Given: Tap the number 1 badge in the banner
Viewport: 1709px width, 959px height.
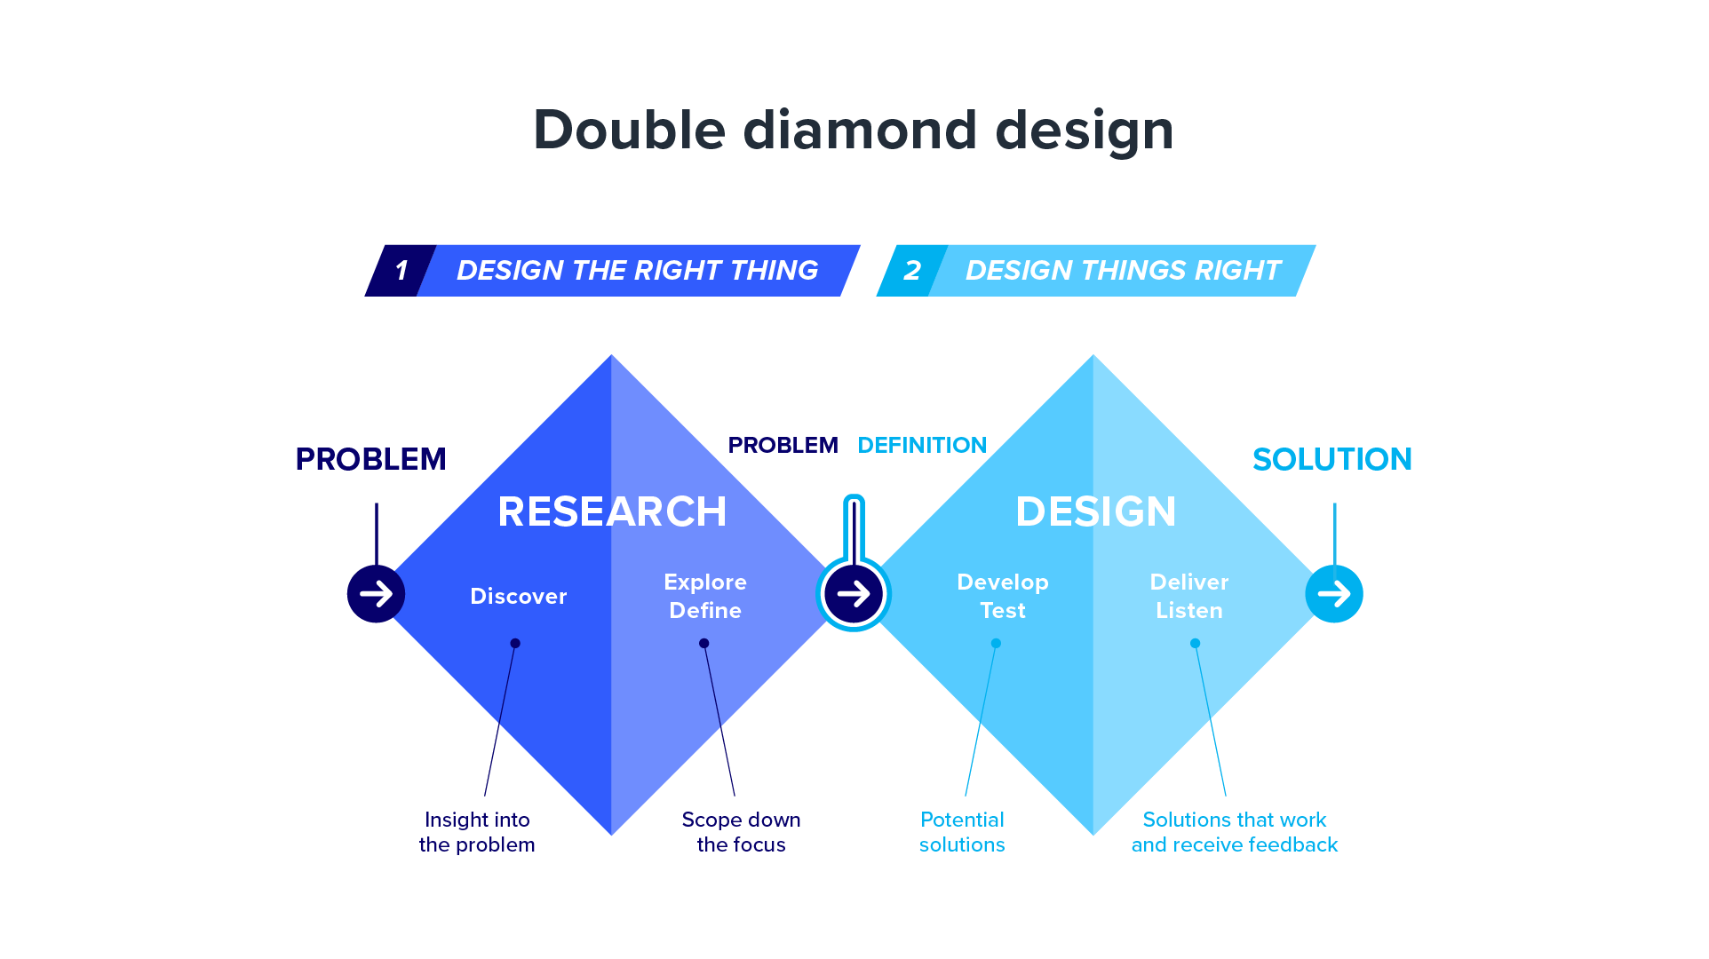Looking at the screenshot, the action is [401, 271].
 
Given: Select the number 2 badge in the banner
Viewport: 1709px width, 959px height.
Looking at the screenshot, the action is [912, 271].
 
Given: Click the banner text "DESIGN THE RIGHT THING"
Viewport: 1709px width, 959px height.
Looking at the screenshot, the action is [637, 270].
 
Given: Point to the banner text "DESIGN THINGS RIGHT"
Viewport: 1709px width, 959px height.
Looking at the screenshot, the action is [1123, 270].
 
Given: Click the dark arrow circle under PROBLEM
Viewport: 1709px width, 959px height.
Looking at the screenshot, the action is [376, 594].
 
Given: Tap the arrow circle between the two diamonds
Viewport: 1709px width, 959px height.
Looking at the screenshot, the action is [854, 594].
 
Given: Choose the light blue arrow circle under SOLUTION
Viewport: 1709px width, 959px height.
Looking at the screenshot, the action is [1334, 594].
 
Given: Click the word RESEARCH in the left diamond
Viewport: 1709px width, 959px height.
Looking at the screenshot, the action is [612, 511].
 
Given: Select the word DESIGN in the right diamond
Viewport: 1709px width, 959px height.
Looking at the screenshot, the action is [1096, 511].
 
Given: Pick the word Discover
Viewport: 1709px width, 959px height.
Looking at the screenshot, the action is [519, 596].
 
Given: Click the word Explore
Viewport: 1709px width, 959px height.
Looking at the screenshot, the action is [705, 583].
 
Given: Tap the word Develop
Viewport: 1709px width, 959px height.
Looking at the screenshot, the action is [1003, 583].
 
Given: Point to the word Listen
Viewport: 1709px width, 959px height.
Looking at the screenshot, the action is [1189, 610].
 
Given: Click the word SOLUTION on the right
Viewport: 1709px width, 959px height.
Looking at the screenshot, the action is [1332, 459].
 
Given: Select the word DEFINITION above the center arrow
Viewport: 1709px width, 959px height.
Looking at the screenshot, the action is [922, 445].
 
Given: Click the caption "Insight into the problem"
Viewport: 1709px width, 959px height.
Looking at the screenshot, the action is [477, 832].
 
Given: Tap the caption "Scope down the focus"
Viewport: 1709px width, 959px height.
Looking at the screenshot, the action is [741, 832].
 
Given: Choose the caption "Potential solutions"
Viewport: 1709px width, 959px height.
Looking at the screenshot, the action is [962, 832].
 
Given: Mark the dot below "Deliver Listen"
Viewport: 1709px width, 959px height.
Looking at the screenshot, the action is [1195, 644].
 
